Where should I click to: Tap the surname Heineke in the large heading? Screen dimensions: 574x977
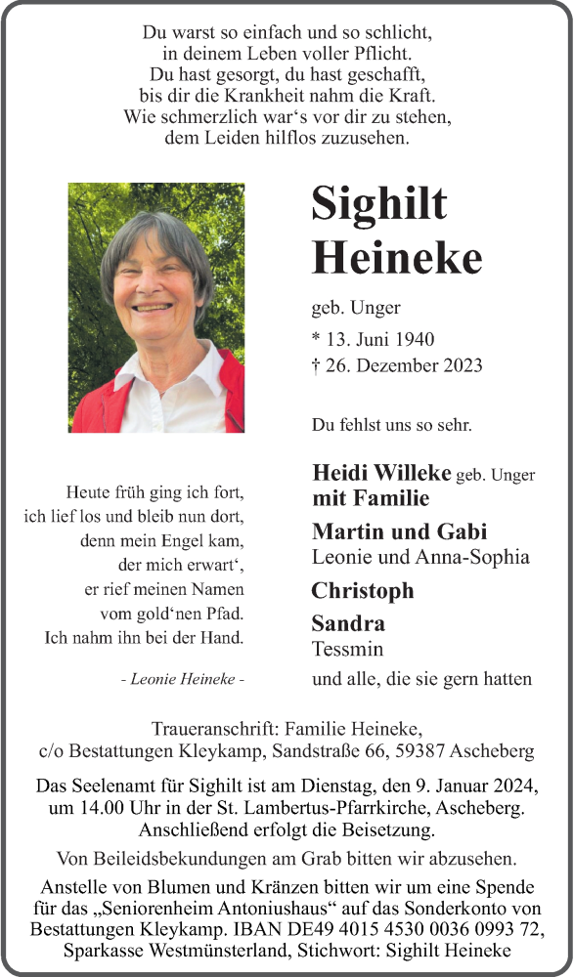(x=396, y=258)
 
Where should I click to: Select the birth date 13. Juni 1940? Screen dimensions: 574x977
(x=380, y=339)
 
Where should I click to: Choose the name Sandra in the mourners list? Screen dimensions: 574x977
(x=348, y=623)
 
